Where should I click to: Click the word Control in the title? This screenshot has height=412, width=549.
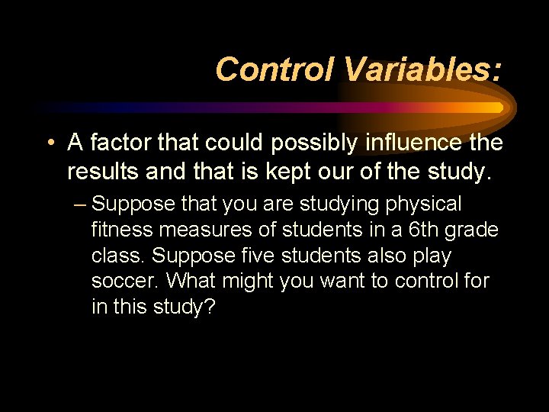coord(274,69)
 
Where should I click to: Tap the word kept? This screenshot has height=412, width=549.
coord(289,172)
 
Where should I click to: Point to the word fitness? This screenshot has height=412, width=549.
coord(122,230)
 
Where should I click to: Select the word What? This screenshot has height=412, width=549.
coord(191,281)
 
